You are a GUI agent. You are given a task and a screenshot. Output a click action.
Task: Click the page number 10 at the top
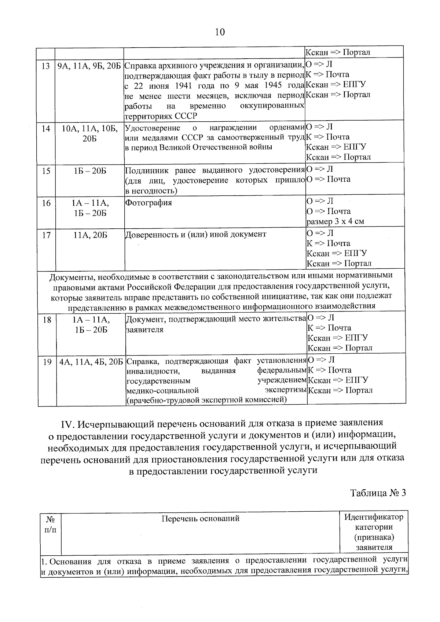point(220,32)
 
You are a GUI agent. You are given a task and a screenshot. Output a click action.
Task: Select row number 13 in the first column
point(46,66)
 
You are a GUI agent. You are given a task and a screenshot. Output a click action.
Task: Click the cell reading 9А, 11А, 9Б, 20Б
point(89,66)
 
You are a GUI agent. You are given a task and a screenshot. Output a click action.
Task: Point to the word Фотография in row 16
point(148,203)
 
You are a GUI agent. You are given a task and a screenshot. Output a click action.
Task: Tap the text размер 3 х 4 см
point(335,221)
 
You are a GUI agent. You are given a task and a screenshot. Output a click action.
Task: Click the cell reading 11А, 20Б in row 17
point(90,235)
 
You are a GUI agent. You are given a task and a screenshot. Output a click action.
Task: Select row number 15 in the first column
point(46,171)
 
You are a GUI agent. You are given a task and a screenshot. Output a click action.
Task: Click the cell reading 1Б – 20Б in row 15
point(90,171)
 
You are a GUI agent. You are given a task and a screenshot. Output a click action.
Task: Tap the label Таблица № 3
point(378,493)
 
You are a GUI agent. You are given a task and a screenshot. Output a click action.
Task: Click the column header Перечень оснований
point(200,518)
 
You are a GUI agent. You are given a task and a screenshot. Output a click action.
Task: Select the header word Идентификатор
point(374,517)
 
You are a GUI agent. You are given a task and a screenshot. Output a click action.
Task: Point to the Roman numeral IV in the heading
point(67,423)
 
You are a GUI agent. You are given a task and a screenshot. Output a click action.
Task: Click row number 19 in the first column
point(47,362)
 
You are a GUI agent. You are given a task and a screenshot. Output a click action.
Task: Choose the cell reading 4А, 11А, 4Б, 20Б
point(91,362)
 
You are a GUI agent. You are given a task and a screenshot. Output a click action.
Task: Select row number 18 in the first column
point(47,320)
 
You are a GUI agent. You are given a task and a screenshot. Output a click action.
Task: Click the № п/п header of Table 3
point(51,524)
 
